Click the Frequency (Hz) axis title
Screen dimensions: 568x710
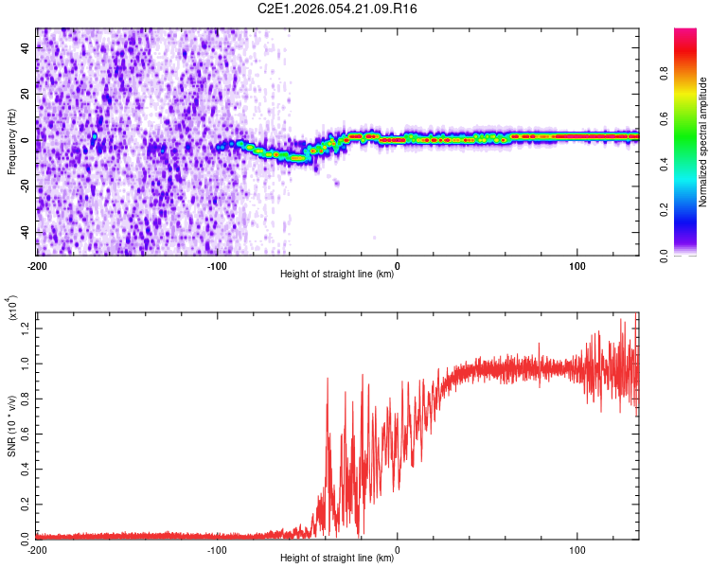click(x=11, y=142)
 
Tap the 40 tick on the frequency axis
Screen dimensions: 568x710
click(x=27, y=48)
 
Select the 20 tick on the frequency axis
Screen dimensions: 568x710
click(x=27, y=95)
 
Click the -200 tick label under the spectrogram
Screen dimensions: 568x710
click(x=37, y=265)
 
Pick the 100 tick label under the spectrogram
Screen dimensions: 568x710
click(x=577, y=265)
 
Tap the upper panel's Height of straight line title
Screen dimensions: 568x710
click(x=337, y=275)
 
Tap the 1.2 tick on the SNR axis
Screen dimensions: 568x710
click(x=25, y=327)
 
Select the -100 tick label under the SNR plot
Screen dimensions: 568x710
click(x=217, y=550)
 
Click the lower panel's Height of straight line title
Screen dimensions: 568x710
click(x=337, y=559)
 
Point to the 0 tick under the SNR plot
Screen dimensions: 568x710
click(x=398, y=550)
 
